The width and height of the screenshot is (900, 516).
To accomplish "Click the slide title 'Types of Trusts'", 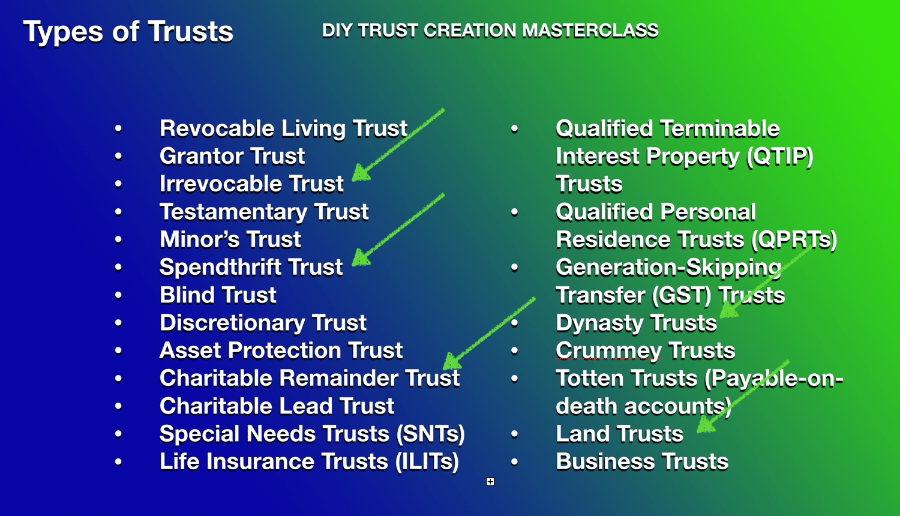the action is (x=128, y=32).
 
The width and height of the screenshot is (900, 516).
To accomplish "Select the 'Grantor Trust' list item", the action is (x=232, y=156).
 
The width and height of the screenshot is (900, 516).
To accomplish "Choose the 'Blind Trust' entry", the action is (x=218, y=295).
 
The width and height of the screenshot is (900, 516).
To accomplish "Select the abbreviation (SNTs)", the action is (x=431, y=434).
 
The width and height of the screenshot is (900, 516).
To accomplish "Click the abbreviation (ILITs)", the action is (x=427, y=461).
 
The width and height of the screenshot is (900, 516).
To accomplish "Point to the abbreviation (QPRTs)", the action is (x=794, y=240).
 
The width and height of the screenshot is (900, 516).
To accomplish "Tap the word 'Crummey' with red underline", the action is (x=608, y=351).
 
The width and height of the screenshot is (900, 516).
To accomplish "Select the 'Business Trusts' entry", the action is (x=642, y=461).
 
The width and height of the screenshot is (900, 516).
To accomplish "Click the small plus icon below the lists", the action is (x=490, y=481).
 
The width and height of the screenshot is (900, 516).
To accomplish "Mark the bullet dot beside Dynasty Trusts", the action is (x=514, y=323).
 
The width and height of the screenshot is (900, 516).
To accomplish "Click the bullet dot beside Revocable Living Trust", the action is (x=118, y=128).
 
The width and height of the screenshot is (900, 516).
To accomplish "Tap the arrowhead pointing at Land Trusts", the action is (x=706, y=424).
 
